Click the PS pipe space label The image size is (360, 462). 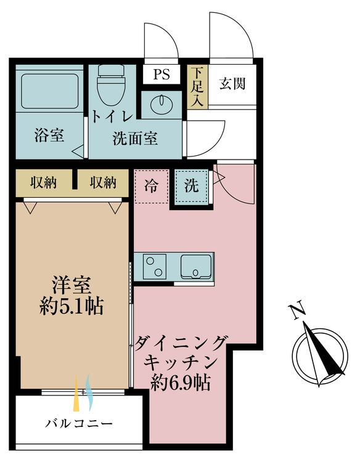[x=162, y=74]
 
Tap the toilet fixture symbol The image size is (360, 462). [x=110, y=84]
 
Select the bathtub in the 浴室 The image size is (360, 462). [x=50, y=91]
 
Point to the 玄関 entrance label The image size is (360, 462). [x=232, y=84]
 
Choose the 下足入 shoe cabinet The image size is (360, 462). [x=197, y=87]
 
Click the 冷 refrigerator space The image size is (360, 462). [x=151, y=186]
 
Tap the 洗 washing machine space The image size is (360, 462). [x=192, y=186]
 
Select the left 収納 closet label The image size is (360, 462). [x=43, y=183]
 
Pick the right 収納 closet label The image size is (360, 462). [x=103, y=183]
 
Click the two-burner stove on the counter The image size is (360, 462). [x=155, y=267]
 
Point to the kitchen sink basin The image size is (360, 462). [x=196, y=266]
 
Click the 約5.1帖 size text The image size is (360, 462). [x=72, y=307]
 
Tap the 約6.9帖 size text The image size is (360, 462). [x=181, y=383]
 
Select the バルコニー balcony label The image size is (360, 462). [x=79, y=424]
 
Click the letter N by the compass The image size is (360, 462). [x=298, y=310]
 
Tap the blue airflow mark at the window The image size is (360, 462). [x=89, y=392]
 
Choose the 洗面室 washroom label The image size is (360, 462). [x=135, y=138]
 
